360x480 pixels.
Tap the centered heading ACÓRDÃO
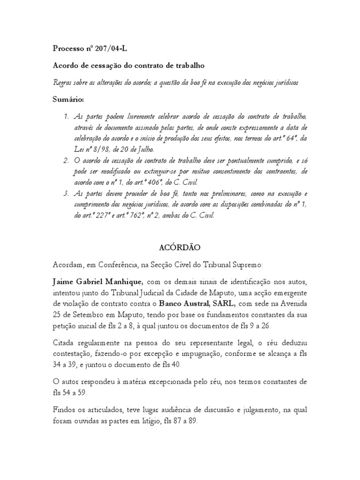click(180, 247)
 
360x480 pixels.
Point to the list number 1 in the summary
click(67, 116)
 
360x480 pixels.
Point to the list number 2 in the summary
click(67, 161)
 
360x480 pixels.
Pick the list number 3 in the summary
click(67, 193)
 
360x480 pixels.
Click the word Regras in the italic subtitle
click(63, 82)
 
